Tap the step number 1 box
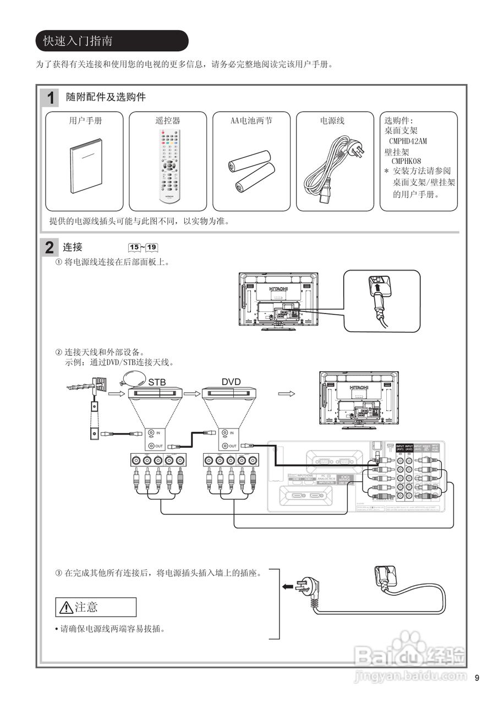[x=51, y=98]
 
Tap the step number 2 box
[x=50, y=248]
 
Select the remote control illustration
[x=169, y=164]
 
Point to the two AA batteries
[x=251, y=171]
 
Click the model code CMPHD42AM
[x=408, y=141]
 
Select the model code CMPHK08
[x=406, y=161]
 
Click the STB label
[x=157, y=382]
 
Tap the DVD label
[x=231, y=382]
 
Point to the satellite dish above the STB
[x=131, y=380]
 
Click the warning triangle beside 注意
[x=66, y=607]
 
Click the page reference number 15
[x=134, y=248]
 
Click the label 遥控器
[x=168, y=120]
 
